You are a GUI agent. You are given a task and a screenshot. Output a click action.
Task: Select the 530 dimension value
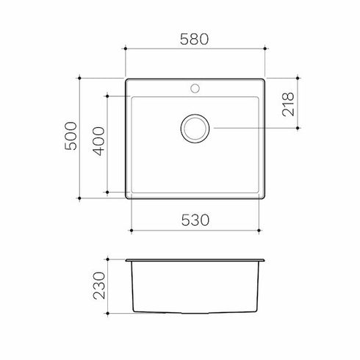coord(195,220)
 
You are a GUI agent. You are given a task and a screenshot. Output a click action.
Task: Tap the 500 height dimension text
coord(71,137)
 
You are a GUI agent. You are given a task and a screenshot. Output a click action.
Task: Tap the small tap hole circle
coord(195,88)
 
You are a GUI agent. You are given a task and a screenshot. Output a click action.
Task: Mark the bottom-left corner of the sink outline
coord(127,198)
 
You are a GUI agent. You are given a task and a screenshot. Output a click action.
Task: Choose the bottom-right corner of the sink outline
coord(265,198)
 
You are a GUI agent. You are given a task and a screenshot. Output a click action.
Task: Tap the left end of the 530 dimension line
coord(131,231)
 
